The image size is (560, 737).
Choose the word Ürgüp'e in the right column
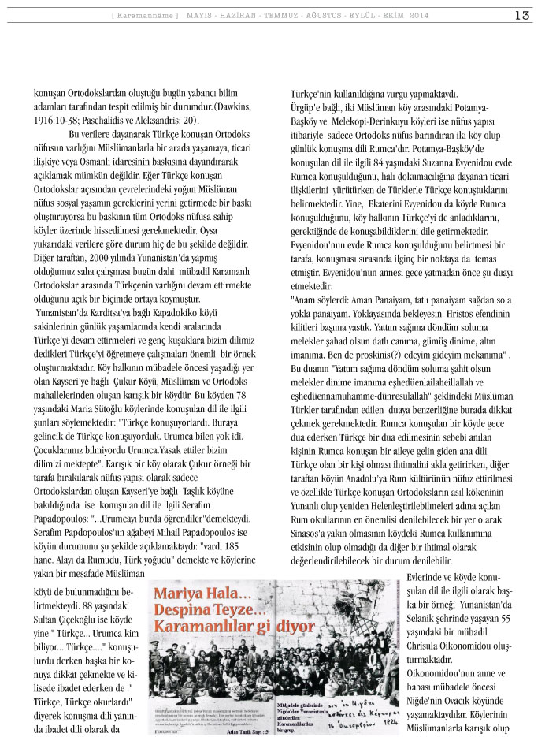click(309, 106)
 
